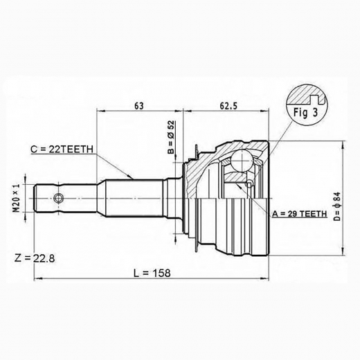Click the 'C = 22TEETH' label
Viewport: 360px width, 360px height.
pos(62,150)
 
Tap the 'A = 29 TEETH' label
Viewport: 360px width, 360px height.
pos(300,214)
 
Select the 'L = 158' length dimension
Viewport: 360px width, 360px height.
pos(152,273)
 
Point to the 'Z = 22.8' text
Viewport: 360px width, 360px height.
pos(35,258)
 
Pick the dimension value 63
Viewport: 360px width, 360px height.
pos(139,106)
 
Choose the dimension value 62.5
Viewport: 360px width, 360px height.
pos(228,106)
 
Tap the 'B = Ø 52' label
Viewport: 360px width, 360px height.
pos(171,137)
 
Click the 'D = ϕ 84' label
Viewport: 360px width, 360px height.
pos(337,206)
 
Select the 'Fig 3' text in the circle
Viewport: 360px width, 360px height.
pos(305,113)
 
